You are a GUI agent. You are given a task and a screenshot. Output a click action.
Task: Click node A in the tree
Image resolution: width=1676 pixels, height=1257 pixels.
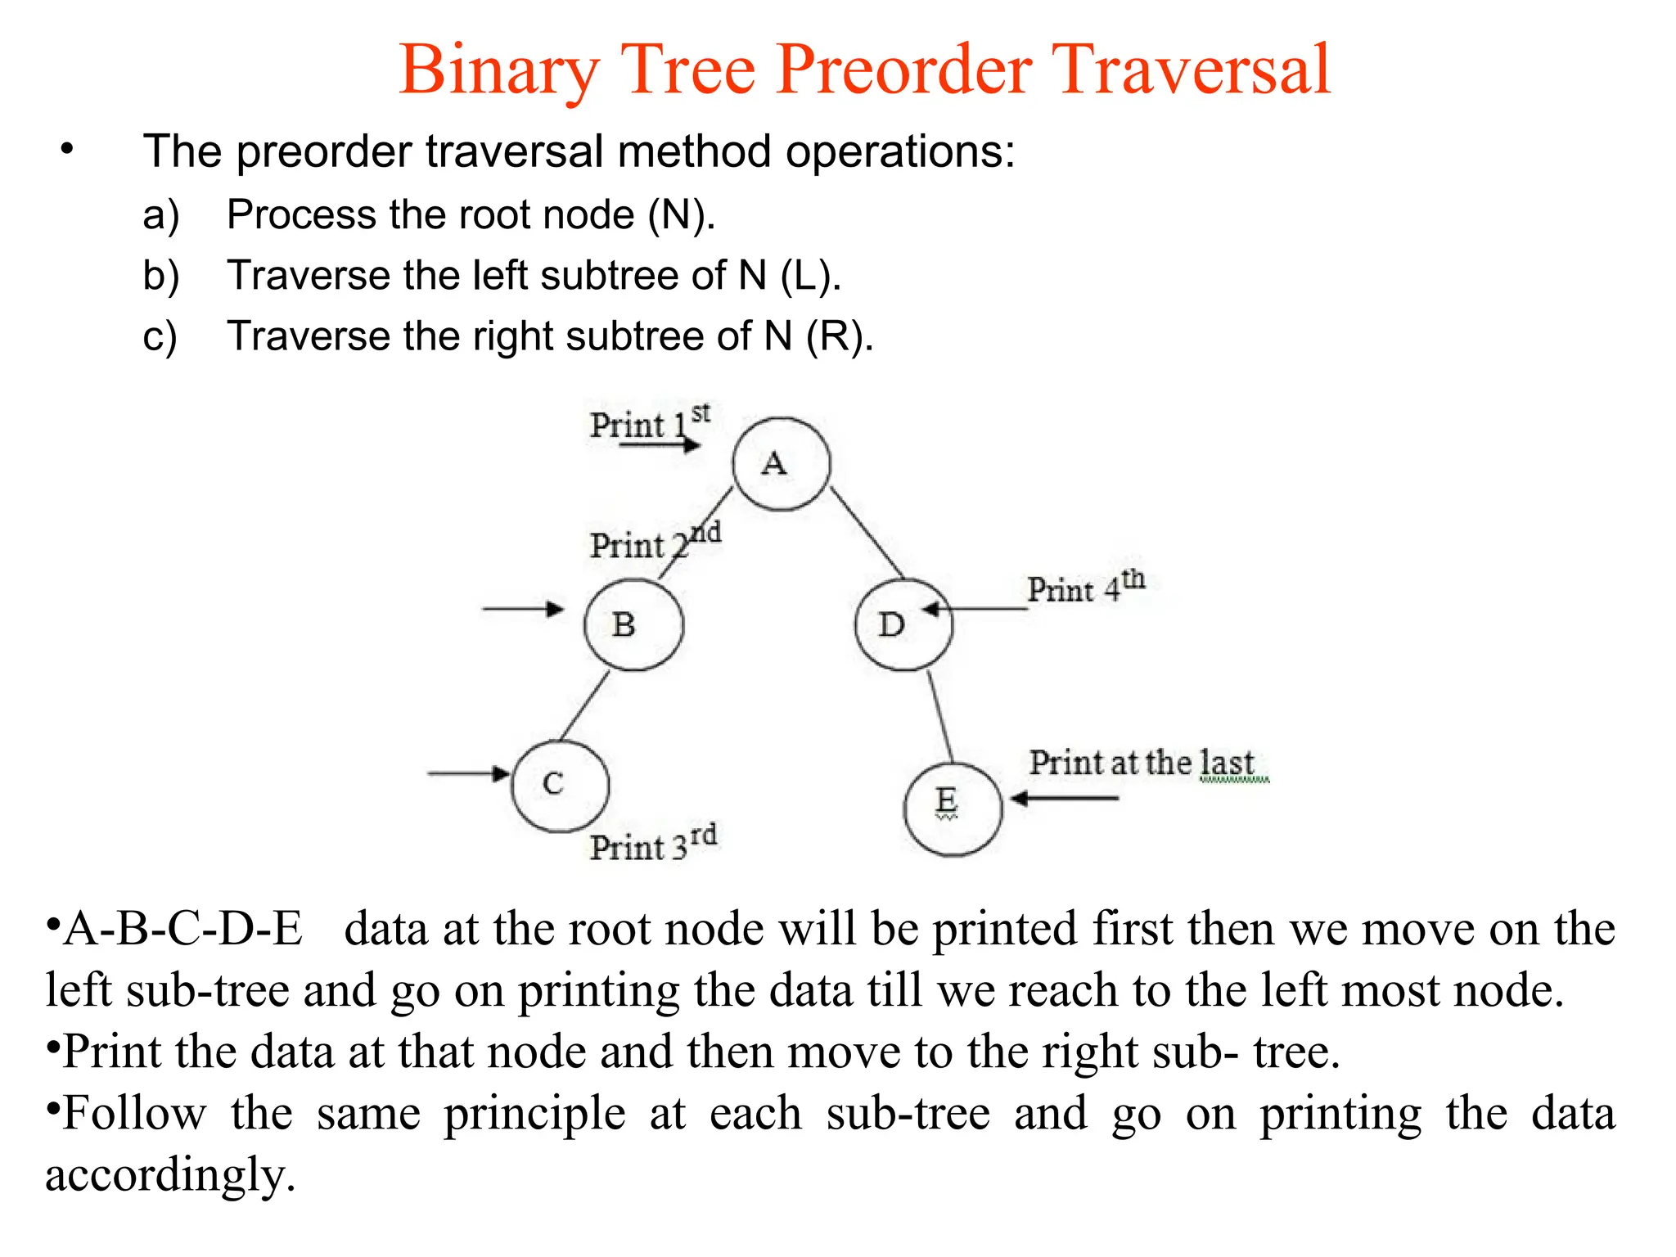[x=781, y=464]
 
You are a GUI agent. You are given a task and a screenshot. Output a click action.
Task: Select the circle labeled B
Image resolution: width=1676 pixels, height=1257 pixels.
[x=633, y=624]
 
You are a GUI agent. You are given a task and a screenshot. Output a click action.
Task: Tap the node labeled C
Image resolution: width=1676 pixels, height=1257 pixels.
[x=560, y=785]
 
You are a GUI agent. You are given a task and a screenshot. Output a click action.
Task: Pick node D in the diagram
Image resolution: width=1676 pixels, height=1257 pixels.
[x=903, y=624]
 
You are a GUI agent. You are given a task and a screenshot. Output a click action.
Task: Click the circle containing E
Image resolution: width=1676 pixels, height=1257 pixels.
[x=952, y=809]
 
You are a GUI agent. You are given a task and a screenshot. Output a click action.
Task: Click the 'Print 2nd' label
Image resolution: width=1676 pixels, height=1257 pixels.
[x=654, y=543]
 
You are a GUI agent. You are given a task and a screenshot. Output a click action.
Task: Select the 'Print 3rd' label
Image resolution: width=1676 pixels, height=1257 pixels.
[x=652, y=844]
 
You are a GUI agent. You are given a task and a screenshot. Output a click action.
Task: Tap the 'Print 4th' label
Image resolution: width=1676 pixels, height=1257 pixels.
[x=1085, y=586]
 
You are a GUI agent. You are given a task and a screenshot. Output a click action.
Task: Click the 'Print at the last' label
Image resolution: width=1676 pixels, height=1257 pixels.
[x=1142, y=763]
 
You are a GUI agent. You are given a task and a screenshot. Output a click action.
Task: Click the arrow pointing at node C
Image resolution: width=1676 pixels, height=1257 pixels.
[x=468, y=773]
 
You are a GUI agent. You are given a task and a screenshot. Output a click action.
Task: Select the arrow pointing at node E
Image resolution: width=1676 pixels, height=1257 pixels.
[x=1064, y=798]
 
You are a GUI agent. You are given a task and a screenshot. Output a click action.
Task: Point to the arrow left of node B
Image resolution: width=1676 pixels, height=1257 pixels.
[x=522, y=609]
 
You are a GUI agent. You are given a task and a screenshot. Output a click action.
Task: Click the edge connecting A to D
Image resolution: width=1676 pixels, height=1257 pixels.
[x=867, y=532]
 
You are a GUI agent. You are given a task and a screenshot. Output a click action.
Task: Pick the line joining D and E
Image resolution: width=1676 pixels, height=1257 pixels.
[x=939, y=717]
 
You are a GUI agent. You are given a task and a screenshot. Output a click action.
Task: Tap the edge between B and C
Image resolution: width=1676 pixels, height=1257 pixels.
[x=584, y=705]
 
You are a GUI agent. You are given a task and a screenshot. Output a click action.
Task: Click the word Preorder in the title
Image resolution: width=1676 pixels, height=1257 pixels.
[x=904, y=70]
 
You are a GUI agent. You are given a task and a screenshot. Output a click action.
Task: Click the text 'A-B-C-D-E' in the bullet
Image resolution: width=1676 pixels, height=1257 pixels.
[x=182, y=930]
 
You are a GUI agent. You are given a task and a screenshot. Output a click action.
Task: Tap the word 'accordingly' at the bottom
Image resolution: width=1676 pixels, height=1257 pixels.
[x=169, y=1175]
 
